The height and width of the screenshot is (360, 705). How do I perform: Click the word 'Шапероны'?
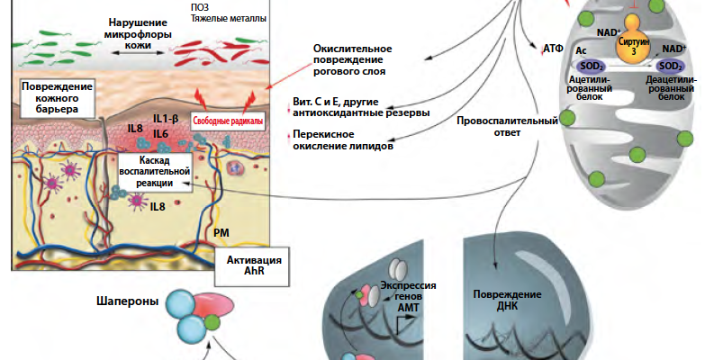coord(131,302)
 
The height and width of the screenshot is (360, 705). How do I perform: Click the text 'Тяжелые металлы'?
coord(230,17)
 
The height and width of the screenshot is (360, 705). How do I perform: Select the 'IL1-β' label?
coord(168,119)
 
